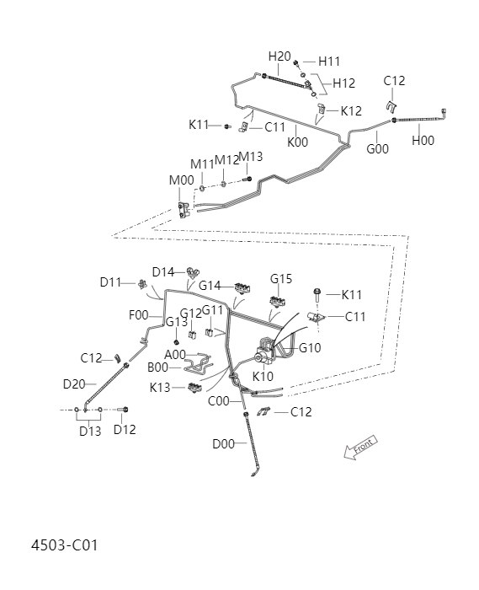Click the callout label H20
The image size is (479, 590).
coord(279,56)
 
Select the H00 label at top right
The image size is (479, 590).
coord(423,141)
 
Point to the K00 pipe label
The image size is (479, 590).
coord(298,142)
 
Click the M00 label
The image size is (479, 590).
coord(181,180)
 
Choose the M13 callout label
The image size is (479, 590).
coord(250,157)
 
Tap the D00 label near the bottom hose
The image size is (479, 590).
coord(223,443)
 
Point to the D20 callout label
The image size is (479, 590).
coord(74,384)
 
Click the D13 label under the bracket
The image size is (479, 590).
coord(90,431)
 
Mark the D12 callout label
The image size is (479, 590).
coord(125,431)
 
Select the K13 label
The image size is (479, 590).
coord(162,388)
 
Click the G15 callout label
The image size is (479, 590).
coord(281,279)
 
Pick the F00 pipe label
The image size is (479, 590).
coord(138,315)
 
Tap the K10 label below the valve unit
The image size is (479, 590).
coord(263,376)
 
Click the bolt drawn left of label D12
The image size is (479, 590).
coord(123,410)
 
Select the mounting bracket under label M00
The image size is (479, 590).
coord(184,210)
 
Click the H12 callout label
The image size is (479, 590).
coord(343,83)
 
